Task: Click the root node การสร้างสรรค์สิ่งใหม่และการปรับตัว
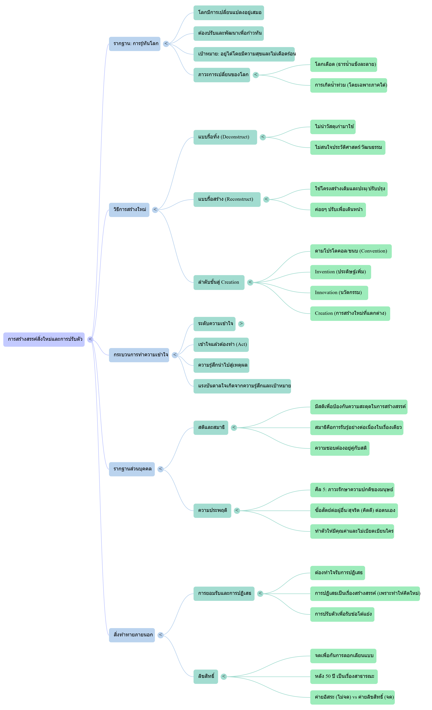[x=44, y=339]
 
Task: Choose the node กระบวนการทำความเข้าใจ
[x=139, y=355]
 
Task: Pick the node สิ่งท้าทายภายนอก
[x=132, y=635]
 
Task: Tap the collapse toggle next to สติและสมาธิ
[x=234, y=428]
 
